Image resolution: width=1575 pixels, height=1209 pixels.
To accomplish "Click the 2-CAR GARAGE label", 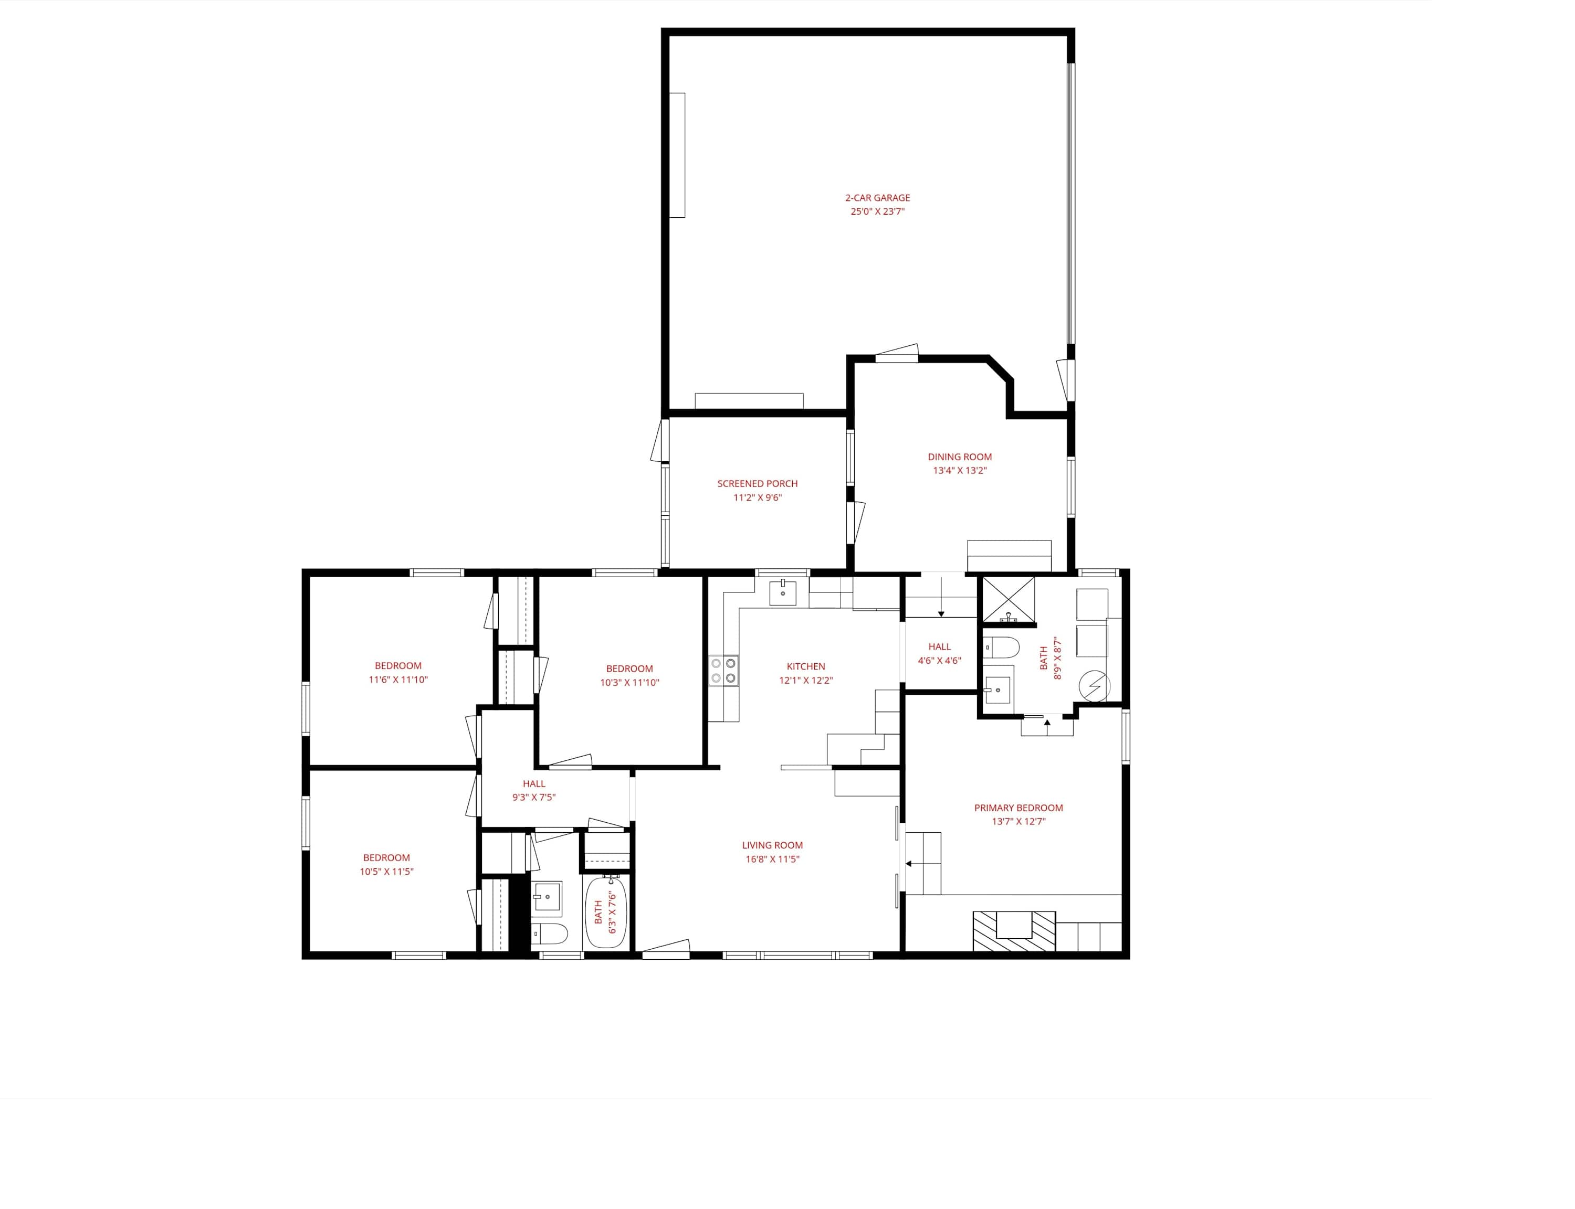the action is pyautogui.click(x=877, y=198).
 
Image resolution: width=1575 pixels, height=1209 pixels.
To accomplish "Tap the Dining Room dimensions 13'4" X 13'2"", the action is pyautogui.click(x=960, y=471).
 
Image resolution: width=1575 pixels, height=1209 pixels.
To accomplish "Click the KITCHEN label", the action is pyautogui.click(x=805, y=666).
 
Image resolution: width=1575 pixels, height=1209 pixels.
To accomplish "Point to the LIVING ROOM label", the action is pyautogui.click(x=772, y=845).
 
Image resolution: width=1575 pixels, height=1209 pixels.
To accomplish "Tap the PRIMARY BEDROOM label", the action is pyautogui.click(x=1018, y=808).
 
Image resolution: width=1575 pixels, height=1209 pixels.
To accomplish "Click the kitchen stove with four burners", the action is pyautogui.click(x=723, y=671).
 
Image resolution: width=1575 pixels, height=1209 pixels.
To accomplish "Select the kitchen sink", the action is pyautogui.click(x=782, y=592).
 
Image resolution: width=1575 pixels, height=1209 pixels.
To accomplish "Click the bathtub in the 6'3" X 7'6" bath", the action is pyautogui.click(x=606, y=911).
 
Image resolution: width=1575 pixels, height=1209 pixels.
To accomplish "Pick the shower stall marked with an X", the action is pyautogui.click(x=1009, y=598).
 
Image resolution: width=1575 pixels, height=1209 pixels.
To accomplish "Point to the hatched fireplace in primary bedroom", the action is pyautogui.click(x=1014, y=931).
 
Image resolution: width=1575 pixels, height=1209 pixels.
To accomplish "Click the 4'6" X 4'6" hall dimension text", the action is pyautogui.click(x=939, y=661).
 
